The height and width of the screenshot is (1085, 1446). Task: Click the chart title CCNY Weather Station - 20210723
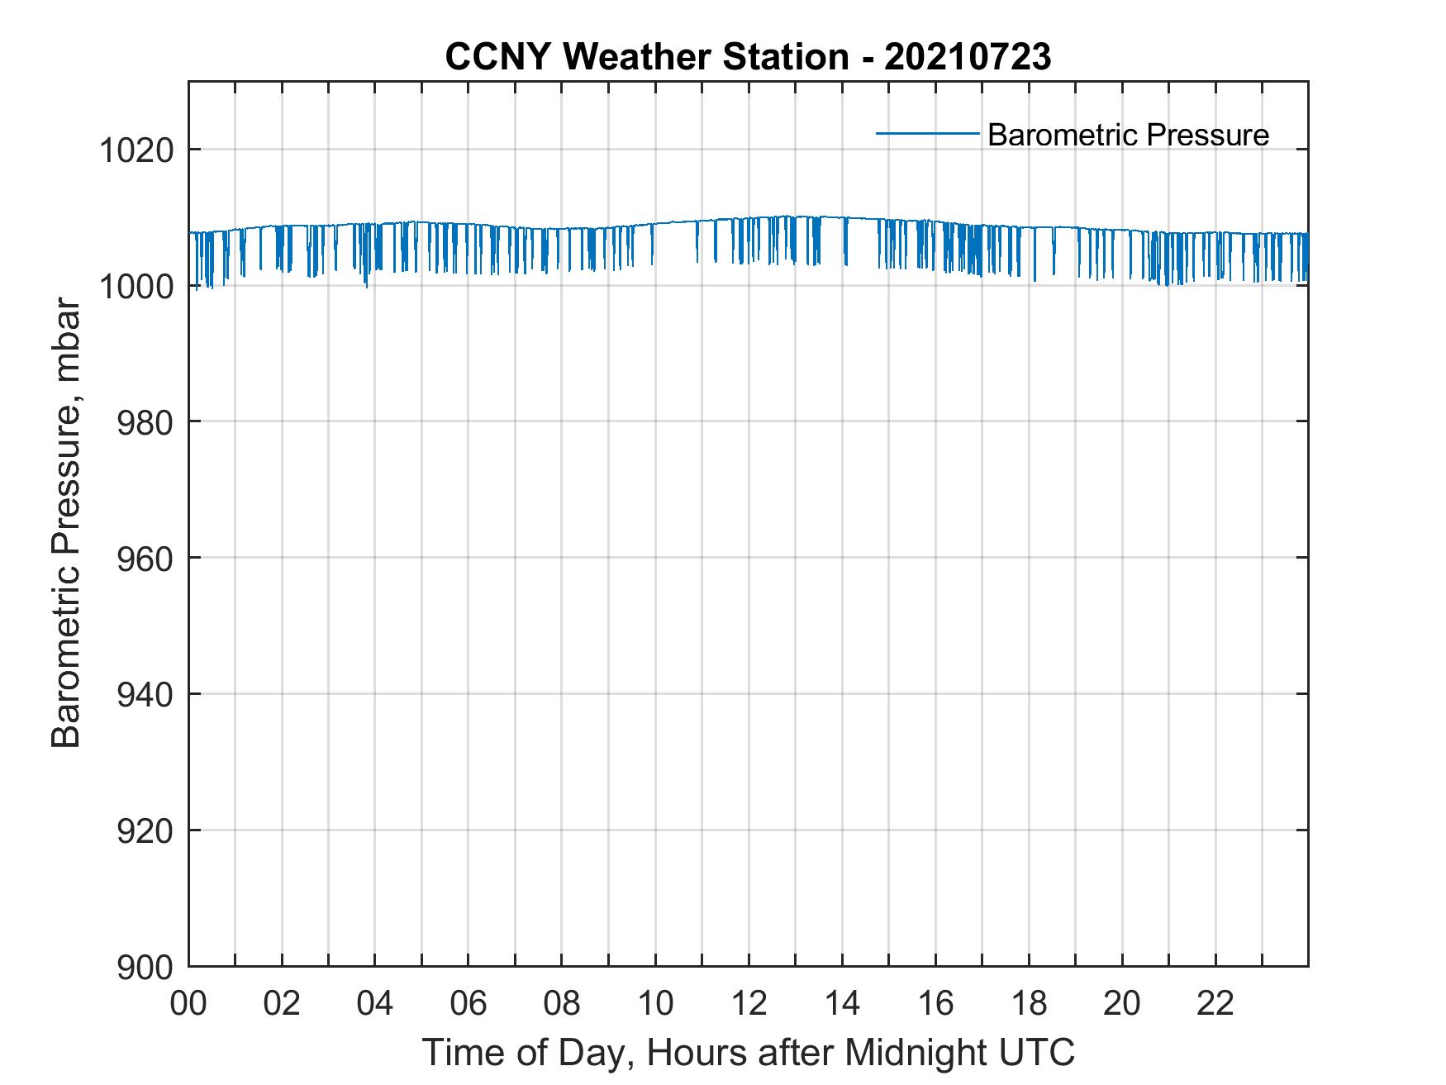click(x=748, y=57)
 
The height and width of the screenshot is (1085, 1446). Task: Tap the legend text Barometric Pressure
click(x=1128, y=135)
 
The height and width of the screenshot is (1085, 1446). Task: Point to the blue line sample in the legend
click(x=927, y=133)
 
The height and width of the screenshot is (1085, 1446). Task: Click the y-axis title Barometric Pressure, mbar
click(x=67, y=524)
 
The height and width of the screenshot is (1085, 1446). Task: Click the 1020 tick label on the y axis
click(x=136, y=150)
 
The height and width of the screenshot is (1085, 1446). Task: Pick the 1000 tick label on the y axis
click(x=136, y=287)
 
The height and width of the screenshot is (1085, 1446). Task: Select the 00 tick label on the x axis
click(x=189, y=1003)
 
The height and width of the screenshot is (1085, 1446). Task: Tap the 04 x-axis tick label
click(x=375, y=1003)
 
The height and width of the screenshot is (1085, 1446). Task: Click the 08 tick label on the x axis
click(x=562, y=1003)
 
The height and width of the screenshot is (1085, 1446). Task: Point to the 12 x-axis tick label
click(x=749, y=1003)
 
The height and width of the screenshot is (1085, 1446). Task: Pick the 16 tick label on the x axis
click(x=935, y=1003)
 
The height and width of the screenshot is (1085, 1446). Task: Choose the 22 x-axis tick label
click(x=1215, y=1003)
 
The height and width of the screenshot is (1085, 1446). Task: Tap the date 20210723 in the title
click(x=968, y=57)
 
